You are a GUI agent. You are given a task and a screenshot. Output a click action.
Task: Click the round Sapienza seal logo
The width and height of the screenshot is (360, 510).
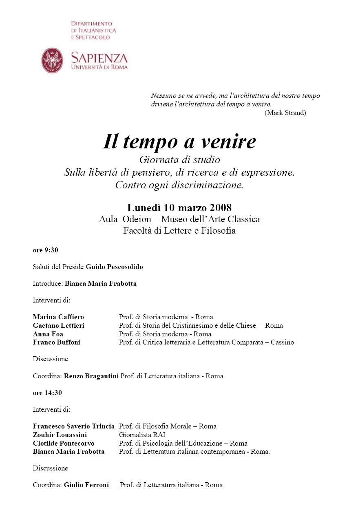(52, 60)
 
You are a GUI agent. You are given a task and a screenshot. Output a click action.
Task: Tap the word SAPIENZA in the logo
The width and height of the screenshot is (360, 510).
(99, 57)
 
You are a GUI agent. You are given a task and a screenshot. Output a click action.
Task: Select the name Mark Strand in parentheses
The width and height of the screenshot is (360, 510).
(285, 113)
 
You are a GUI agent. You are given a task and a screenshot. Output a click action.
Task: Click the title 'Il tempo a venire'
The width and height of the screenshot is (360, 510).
(179, 141)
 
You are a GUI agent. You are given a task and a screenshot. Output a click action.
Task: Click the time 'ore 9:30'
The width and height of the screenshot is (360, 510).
(46, 250)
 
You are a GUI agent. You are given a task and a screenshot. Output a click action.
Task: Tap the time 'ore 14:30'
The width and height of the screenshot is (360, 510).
(47, 393)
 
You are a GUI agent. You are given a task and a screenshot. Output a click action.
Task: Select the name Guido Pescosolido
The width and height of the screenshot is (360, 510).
(115, 267)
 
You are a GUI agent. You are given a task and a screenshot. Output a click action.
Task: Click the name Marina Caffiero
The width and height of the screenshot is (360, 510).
(58, 317)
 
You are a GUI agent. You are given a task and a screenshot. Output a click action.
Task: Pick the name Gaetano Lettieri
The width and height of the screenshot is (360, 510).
(59, 325)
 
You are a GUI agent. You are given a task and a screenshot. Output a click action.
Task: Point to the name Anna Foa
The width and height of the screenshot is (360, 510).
(48, 334)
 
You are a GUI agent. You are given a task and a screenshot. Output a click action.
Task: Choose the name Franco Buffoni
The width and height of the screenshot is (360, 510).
(57, 342)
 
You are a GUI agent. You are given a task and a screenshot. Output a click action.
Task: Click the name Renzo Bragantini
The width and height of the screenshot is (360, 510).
(91, 376)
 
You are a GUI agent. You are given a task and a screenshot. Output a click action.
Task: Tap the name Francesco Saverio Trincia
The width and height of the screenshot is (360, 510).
(74, 426)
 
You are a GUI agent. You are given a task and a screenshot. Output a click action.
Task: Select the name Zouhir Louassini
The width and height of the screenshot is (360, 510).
(60, 435)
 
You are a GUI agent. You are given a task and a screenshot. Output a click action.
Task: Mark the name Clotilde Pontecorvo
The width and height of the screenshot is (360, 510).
(64, 443)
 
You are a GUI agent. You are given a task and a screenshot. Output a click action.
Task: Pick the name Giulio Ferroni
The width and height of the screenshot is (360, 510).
(86, 485)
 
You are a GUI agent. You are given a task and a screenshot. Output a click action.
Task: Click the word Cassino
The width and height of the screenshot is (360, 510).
(282, 342)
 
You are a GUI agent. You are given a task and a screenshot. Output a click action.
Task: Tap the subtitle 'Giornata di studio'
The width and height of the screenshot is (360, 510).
(179, 159)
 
